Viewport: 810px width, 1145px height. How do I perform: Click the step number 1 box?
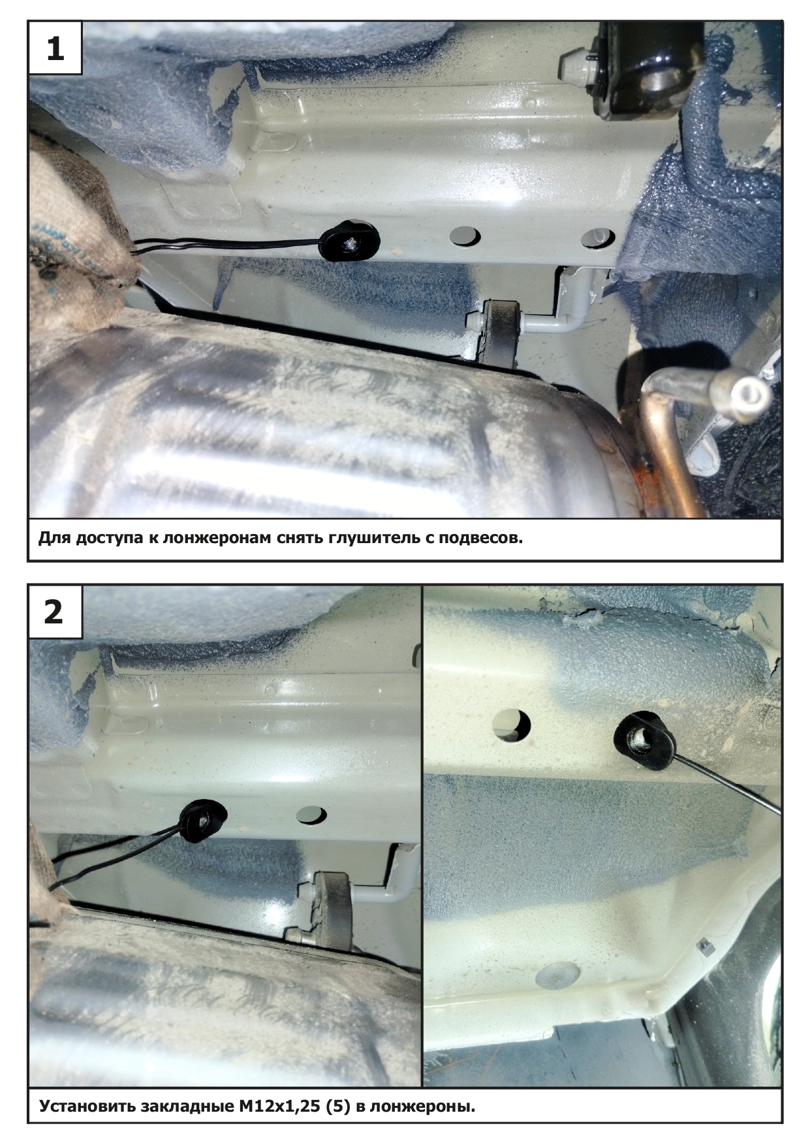point(55,48)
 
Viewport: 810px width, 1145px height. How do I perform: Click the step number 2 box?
point(55,612)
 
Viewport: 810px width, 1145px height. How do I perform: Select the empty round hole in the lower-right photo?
point(511,725)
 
